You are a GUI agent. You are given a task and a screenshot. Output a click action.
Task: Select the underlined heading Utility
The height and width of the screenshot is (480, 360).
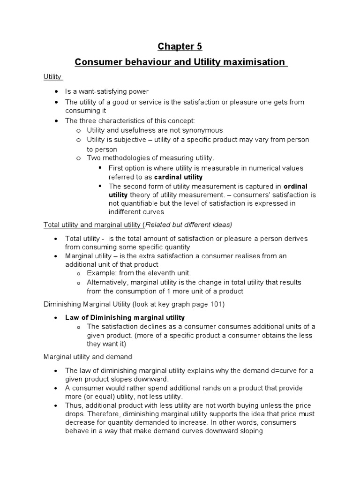52,76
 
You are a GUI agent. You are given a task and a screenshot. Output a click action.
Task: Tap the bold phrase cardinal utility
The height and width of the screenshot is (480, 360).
179,177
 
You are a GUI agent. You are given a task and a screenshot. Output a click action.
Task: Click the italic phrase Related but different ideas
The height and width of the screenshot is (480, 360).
189,225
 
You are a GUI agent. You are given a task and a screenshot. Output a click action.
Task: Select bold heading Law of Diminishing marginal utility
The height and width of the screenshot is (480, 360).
125,317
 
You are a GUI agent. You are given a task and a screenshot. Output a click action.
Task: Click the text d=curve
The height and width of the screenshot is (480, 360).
281,370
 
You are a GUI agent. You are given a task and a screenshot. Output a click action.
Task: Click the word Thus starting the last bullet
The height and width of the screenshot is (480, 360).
73,405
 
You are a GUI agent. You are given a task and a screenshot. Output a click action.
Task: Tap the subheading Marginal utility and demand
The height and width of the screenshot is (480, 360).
88,357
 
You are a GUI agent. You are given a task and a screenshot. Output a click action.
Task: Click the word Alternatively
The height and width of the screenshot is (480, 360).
107,282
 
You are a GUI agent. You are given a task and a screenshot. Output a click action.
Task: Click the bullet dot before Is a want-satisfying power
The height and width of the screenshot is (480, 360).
56,91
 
